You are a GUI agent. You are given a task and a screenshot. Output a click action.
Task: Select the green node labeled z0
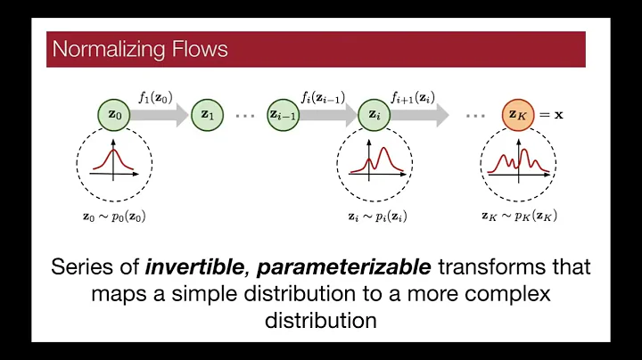[113, 114]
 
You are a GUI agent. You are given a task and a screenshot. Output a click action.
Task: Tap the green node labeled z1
[207, 114]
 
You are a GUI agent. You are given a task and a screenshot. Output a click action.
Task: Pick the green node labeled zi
[374, 114]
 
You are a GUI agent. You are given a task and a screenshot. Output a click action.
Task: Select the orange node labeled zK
[517, 114]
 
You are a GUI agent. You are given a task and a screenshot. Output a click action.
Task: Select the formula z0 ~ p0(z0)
[113, 216]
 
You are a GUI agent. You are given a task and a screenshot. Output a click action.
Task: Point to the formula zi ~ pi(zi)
[374, 216]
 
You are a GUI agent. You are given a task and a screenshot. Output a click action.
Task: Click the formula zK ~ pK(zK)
[519, 216]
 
